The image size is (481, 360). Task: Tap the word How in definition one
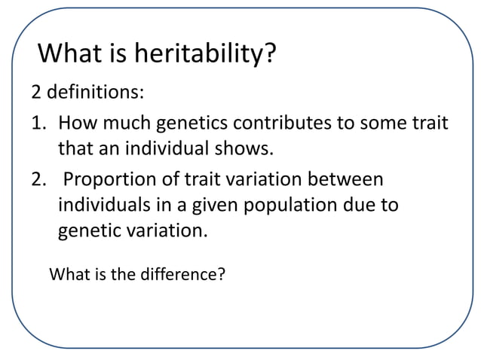[x=77, y=122]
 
